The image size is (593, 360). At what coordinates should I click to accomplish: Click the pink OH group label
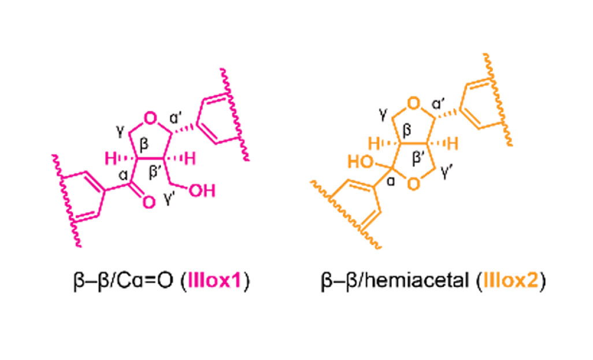(x=202, y=191)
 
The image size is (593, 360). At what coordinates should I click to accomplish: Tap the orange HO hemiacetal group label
(x=361, y=162)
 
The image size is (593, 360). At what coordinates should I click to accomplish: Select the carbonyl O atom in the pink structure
(x=149, y=202)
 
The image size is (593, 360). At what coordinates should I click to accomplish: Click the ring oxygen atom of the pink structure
(x=150, y=118)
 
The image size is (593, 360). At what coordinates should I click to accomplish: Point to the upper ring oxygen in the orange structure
(x=414, y=103)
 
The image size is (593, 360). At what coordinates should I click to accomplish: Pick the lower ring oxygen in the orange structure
(x=414, y=184)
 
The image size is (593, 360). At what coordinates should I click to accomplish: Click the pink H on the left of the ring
(x=111, y=159)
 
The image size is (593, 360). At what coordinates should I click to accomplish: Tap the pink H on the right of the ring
(x=190, y=159)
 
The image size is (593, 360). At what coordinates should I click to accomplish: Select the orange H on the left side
(x=374, y=144)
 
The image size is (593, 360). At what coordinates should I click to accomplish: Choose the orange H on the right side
(x=453, y=144)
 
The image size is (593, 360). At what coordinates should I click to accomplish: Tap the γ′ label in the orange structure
(x=447, y=172)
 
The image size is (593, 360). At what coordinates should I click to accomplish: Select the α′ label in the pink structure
(x=177, y=118)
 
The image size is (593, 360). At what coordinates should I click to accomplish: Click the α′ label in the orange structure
(x=438, y=103)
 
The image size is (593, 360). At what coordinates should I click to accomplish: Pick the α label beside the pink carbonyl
(x=123, y=175)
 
